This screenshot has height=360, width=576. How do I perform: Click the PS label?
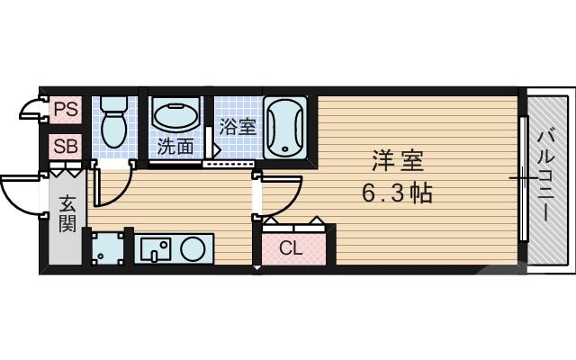point(66,110)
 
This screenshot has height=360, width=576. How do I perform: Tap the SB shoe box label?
point(66,145)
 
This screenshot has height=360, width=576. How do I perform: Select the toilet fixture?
point(112,124)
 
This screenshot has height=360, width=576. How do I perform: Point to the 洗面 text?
point(175,146)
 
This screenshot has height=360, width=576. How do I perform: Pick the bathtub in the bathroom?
point(286,127)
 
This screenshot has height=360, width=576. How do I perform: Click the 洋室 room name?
point(397,163)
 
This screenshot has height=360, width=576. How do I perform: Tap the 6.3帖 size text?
point(397,192)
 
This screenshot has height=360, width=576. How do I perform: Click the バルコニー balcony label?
point(545,176)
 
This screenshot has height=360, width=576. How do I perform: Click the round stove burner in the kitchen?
point(193,249)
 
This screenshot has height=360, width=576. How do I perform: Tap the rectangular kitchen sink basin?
point(154,248)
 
